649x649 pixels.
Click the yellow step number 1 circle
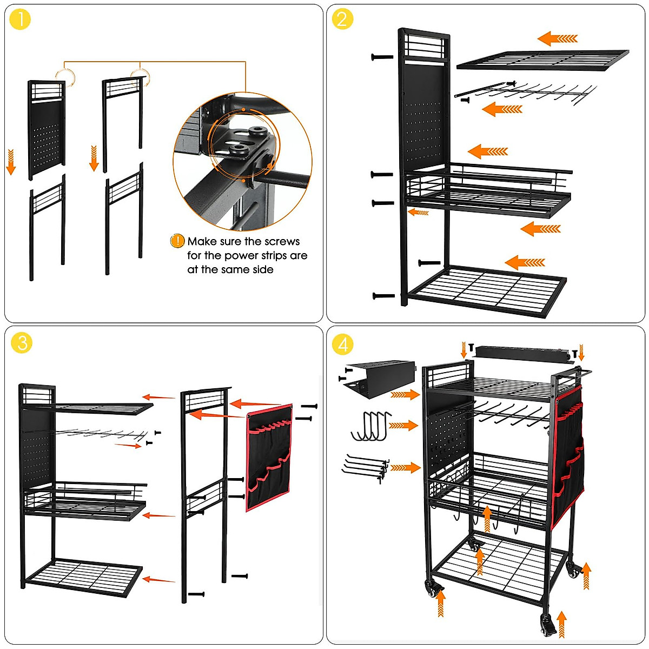coord(20,20)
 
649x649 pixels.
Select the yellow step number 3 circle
coord(22,343)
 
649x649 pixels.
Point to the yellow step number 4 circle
coord(342,344)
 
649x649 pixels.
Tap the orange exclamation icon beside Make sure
coord(177,241)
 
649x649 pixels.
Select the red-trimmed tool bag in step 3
coord(269,457)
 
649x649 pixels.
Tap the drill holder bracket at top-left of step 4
coord(379,379)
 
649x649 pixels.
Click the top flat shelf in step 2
coord(542,60)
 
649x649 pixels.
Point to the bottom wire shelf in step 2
coord(487,289)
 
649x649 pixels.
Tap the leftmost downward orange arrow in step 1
coord(11,162)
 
